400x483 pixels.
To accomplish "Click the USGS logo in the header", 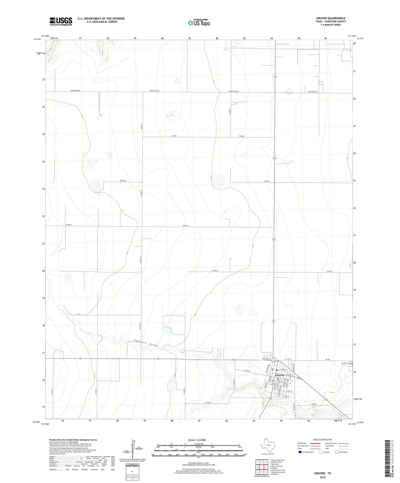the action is pos(61,21).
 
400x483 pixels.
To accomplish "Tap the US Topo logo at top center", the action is pos(199,23).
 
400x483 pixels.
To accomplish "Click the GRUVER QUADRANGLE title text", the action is pos(331,18).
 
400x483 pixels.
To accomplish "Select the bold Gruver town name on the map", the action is pos(279,375).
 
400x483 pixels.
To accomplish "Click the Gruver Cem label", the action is pos(346,363).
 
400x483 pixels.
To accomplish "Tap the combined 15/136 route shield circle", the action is pos(274,360).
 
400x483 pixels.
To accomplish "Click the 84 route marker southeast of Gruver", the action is pos(299,378).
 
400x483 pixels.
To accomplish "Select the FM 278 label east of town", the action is pos(327,360).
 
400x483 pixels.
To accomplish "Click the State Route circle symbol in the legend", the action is pos(337,452).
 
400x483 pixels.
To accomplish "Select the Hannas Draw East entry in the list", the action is pos(278,472).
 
